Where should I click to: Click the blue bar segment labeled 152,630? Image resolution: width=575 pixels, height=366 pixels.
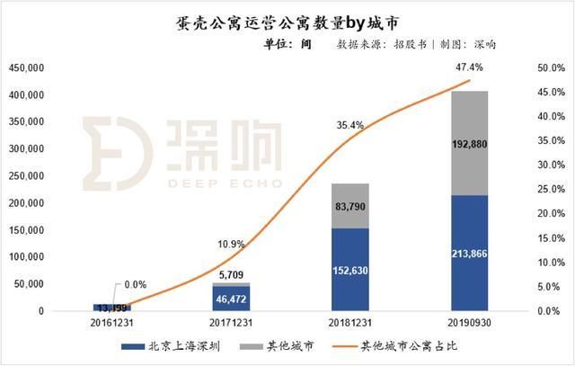click(x=351, y=270)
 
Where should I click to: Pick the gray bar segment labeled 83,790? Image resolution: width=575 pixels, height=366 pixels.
click(x=351, y=206)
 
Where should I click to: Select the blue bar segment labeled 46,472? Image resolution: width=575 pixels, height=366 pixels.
click(x=232, y=298)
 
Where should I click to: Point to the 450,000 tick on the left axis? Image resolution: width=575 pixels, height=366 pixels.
click(x=26, y=68)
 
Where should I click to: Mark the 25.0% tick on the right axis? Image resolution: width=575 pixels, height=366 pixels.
click(x=549, y=190)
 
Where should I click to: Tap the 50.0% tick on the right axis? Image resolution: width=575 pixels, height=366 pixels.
click(x=549, y=68)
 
